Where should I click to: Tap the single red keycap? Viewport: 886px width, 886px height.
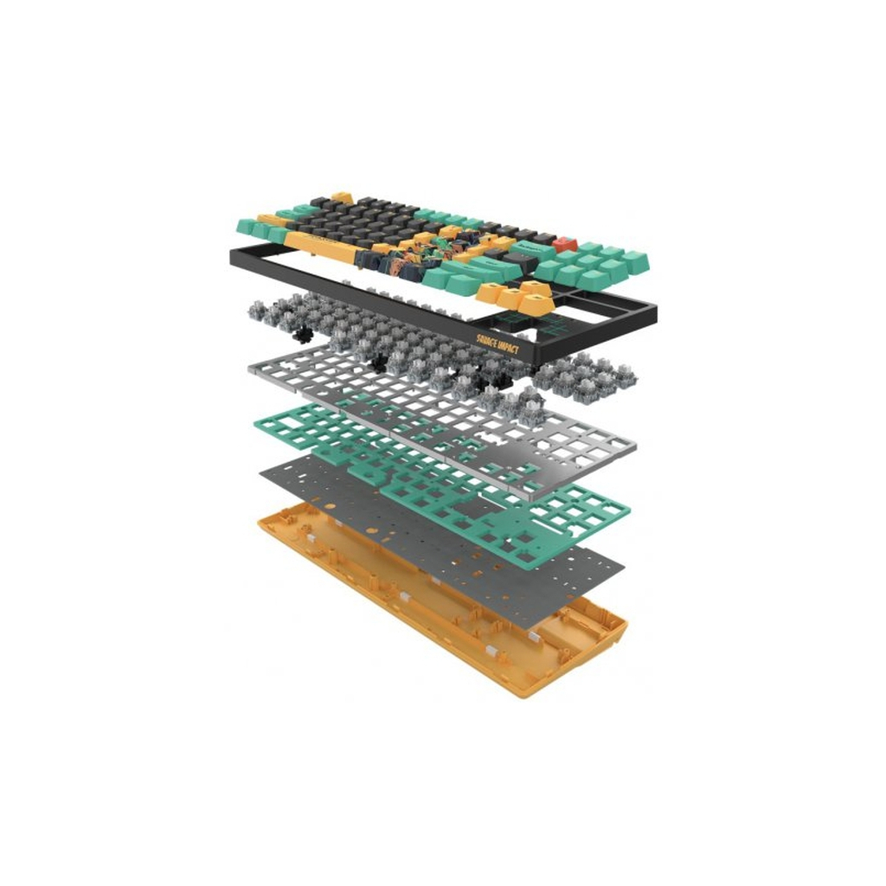pos(566,244)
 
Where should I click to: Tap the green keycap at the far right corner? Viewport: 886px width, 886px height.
pos(639,264)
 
